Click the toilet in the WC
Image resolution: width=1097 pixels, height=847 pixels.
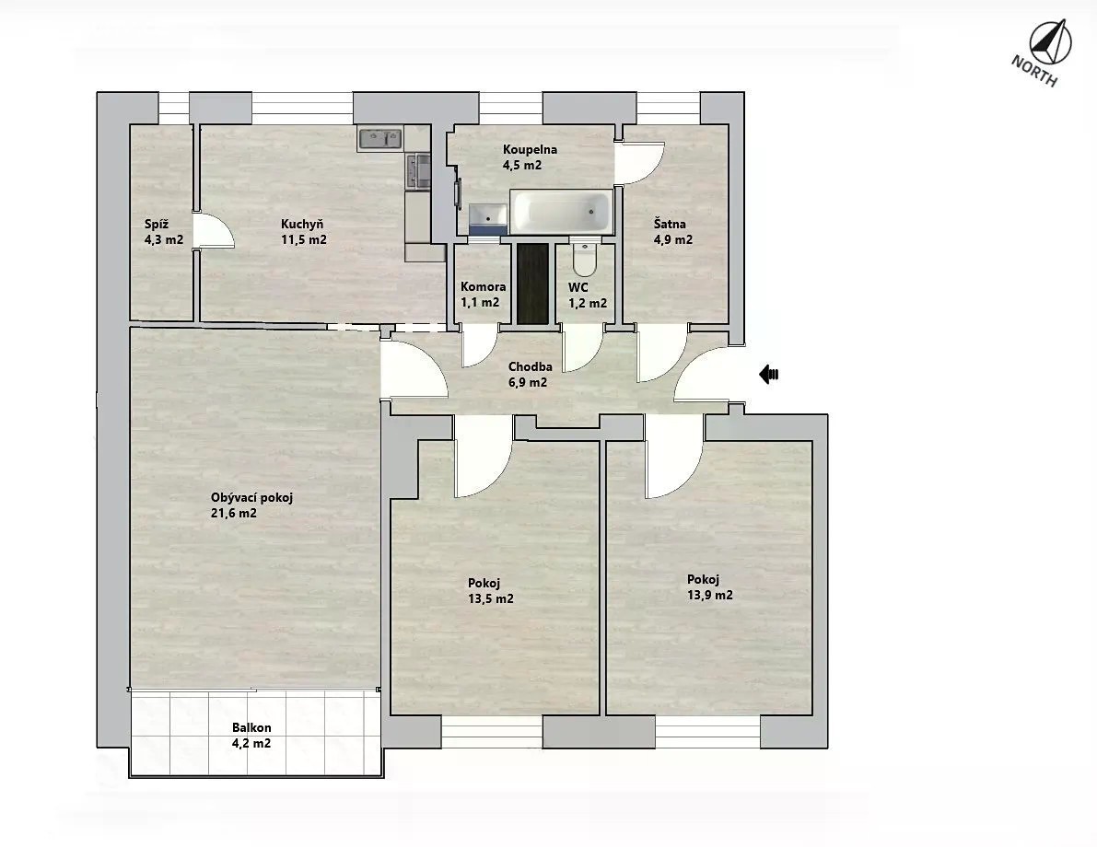[583, 258]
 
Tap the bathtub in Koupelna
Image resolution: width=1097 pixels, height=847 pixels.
[561, 212]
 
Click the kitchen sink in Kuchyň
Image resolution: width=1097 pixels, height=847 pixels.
[379, 138]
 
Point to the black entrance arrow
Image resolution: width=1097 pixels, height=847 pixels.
[769, 374]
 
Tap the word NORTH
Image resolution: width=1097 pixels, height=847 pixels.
[1033, 71]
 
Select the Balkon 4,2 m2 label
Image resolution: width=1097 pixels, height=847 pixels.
[251, 736]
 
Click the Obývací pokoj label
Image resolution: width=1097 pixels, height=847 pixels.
[251, 498]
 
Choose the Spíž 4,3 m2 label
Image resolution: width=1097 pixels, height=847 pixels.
[164, 232]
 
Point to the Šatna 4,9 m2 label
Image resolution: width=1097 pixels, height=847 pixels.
[673, 232]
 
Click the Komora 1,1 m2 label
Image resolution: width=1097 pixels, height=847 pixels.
[483, 295]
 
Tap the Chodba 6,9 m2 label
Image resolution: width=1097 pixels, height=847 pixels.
[530, 374]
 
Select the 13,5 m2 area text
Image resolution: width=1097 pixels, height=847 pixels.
[490, 598]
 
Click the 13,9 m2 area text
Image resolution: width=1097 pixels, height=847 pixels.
[710, 596]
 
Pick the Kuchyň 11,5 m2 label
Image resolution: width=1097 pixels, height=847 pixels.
[304, 232]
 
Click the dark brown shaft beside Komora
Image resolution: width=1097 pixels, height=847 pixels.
[532, 283]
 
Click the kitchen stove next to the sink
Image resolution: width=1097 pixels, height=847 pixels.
[419, 171]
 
